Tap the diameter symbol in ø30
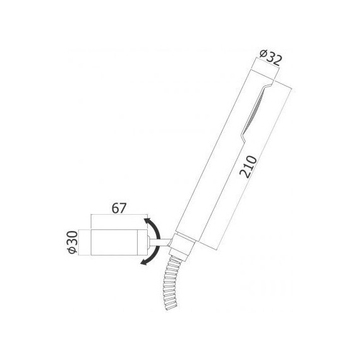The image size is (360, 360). [x=73, y=251]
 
